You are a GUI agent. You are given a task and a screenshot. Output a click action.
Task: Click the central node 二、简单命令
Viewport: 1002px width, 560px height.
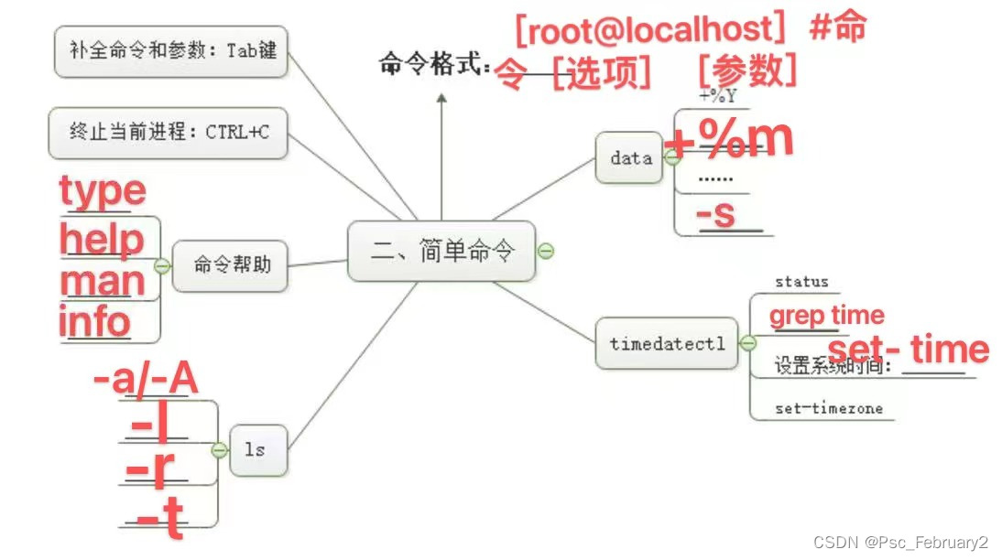442,251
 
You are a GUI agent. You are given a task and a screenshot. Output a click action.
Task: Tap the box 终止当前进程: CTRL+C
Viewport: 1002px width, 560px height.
168,133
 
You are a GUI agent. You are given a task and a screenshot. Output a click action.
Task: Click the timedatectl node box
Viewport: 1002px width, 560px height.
666,344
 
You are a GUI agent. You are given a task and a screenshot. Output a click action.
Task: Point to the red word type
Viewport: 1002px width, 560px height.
103,191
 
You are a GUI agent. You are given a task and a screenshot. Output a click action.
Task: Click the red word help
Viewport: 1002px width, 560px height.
102,240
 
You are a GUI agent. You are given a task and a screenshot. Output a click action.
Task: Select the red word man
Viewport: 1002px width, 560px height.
102,281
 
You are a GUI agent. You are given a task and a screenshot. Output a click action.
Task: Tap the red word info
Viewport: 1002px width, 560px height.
94,322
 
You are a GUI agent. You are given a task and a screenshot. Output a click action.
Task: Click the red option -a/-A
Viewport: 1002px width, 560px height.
147,380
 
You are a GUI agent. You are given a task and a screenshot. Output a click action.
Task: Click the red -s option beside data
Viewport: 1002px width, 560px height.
716,215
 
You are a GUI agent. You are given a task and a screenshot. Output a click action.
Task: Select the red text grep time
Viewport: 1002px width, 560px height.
826,316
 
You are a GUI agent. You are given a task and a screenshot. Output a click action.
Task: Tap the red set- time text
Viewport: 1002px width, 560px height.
908,350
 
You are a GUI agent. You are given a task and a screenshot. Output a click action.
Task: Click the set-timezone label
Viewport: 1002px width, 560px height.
828,408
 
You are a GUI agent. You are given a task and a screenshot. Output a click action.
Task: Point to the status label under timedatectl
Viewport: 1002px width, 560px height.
801,282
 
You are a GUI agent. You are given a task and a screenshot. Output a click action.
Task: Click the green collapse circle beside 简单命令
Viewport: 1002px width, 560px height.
546,251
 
